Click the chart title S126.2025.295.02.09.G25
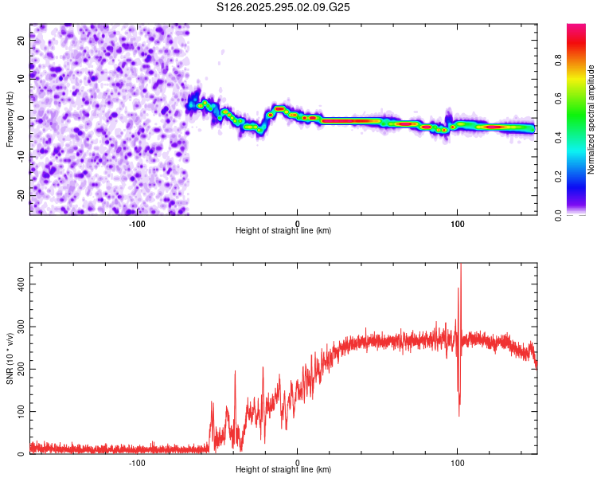click(284, 7)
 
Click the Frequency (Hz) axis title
click(10, 119)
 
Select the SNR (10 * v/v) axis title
click(10, 358)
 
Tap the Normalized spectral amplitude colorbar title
click(591, 119)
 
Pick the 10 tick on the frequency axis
click(22, 80)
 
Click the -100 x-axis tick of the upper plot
click(137, 223)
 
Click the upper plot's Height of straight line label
click(283, 230)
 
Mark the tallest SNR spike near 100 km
click(460, 266)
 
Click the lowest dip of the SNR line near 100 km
click(458, 415)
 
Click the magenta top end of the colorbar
click(576, 27)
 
